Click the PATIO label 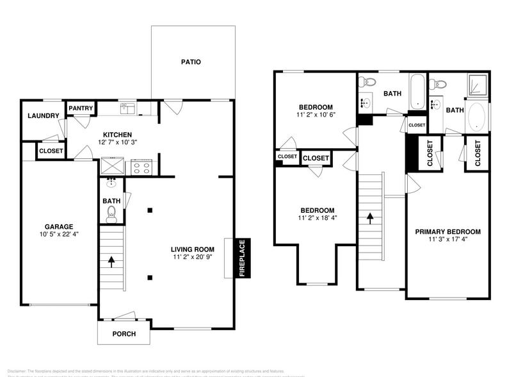click(x=191, y=62)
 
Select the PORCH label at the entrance click(x=124, y=334)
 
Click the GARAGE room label click(x=58, y=226)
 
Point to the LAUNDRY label click(x=44, y=116)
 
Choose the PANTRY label click(x=81, y=108)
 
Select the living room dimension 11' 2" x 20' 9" click(x=191, y=257)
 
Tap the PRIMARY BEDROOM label click(x=447, y=231)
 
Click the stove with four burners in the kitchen click(x=141, y=168)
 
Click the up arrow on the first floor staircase click(x=112, y=262)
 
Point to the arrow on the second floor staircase click(x=370, y=219)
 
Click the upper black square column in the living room click(x=149, y=210)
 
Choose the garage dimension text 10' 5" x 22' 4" click(x=58, y=235)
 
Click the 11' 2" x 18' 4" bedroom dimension click(x=316, y=218)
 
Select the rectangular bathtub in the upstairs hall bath click(x=417, y=91)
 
